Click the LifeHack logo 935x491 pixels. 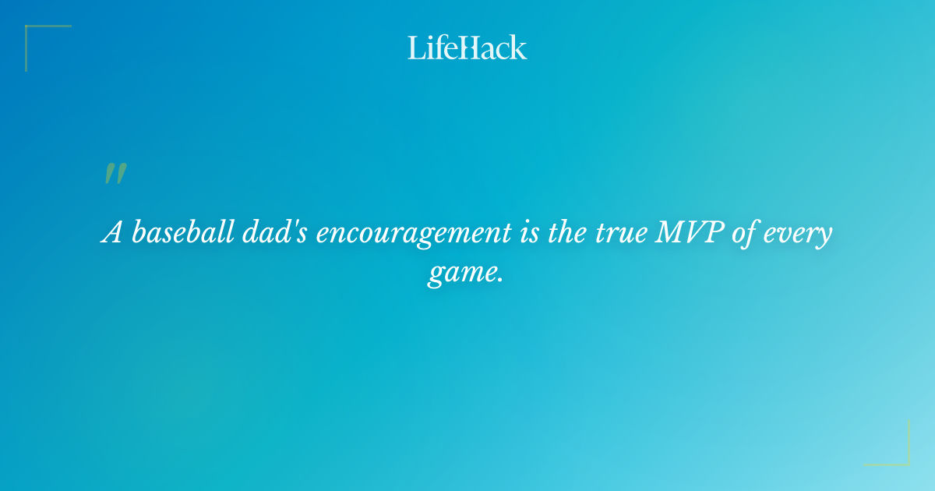point(467,48)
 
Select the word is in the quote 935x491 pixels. point(530,233)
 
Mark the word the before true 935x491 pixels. point(566,233)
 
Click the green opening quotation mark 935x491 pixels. point(115,174)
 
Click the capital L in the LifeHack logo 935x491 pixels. point(415,48)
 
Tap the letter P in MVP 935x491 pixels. point(710,233)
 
